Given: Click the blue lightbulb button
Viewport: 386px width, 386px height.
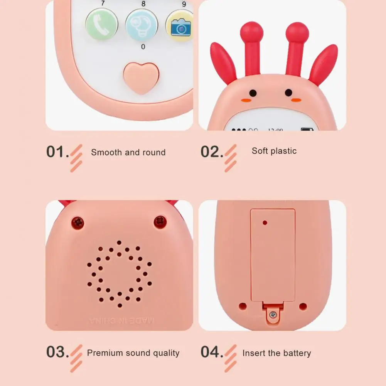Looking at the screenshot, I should click(142, 25).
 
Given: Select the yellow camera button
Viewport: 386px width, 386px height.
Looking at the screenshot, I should click(180, 25).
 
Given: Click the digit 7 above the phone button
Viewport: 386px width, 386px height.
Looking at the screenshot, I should click(103, 3).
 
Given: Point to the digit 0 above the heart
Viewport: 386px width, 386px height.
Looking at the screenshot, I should click(143, 47).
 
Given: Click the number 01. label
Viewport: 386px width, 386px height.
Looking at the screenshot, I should click(57, 152).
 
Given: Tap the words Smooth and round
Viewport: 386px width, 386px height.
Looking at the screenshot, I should click(128, 152).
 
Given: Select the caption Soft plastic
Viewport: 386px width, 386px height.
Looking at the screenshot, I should click(274, 151).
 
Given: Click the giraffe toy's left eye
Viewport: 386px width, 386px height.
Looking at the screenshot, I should click(253, 93).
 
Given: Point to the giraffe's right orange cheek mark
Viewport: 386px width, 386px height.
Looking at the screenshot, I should click(296, 100).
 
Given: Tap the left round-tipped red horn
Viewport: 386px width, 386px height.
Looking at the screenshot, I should click(251, 46).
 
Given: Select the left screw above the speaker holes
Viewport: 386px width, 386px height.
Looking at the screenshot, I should click(78, 222).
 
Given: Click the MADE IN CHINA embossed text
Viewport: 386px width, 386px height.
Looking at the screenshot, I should click(121, 320).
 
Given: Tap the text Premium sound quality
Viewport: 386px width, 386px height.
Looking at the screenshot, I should click(133, 353).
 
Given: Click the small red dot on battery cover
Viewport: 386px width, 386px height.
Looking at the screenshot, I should click(265, 222).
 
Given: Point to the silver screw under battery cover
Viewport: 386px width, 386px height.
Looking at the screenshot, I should click(273, 314).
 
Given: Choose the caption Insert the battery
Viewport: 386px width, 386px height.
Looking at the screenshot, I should click(276, 353).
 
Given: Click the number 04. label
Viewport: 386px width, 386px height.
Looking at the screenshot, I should click(212, 352).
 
